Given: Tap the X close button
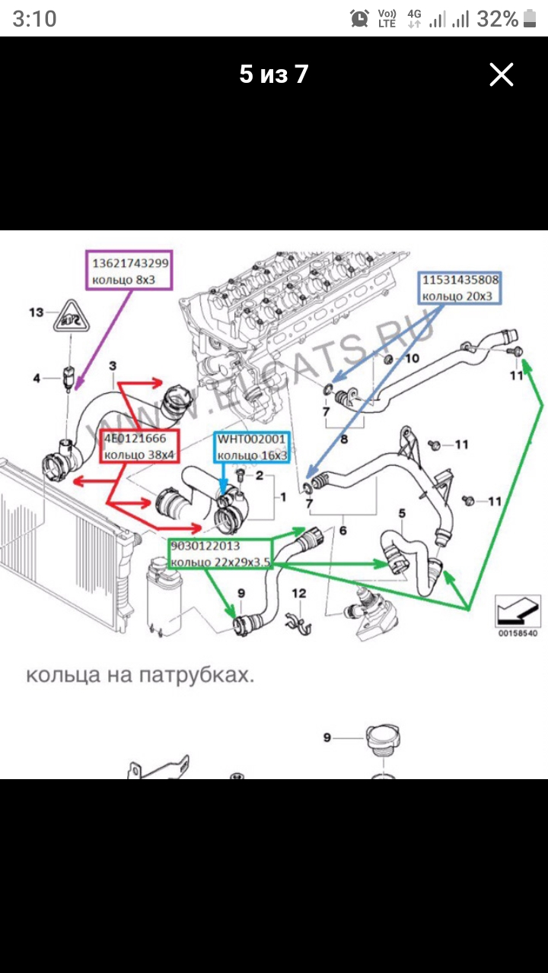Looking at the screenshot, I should [502, 74].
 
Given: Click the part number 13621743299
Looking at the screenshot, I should [130, 263].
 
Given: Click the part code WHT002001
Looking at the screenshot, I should [251, 439].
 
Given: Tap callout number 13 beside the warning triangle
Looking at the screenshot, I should [37, 312].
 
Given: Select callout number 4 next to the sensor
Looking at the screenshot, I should [36, 377].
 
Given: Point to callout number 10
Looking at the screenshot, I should [411, 358].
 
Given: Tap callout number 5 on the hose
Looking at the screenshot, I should [403, 515].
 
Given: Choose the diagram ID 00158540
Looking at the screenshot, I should [518, 632].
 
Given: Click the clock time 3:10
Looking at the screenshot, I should [34, 19].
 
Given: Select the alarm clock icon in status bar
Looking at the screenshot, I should [359, 19].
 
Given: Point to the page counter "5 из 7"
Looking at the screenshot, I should [274, 74].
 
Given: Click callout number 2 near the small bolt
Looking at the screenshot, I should [260, 477].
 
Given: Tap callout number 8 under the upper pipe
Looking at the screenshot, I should [343, 439].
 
